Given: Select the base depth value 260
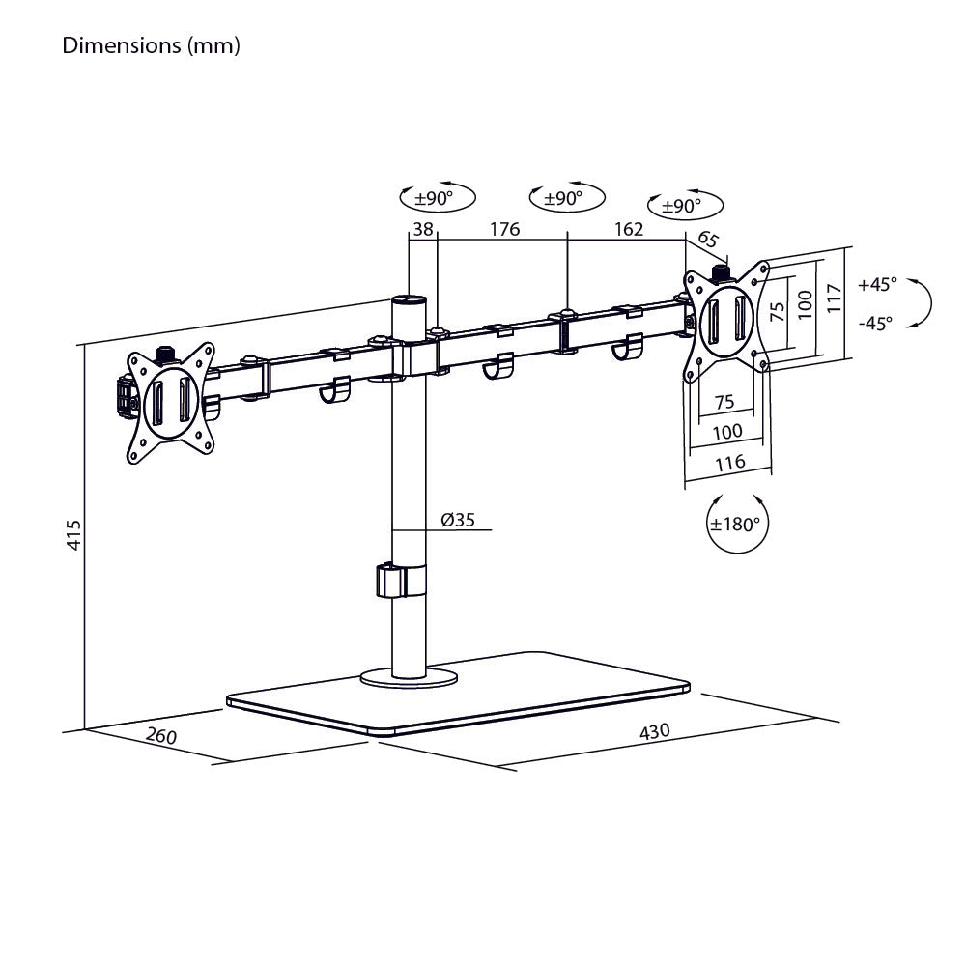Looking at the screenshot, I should click(x=161, y=736).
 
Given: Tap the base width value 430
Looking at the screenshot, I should click(x=654, y=731).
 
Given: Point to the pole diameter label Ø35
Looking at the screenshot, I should click(x=458, y=520).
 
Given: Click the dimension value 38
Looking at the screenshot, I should click(x=421, y=229).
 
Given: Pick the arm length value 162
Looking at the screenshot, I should click(x=628, y=229).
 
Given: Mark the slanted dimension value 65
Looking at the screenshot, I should click(x=708, y=240).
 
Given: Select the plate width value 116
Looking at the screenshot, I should click(x=729, y=462).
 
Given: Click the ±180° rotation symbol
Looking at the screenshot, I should click(x=736, y=524).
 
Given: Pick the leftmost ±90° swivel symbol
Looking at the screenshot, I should click(x=438, y=198).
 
